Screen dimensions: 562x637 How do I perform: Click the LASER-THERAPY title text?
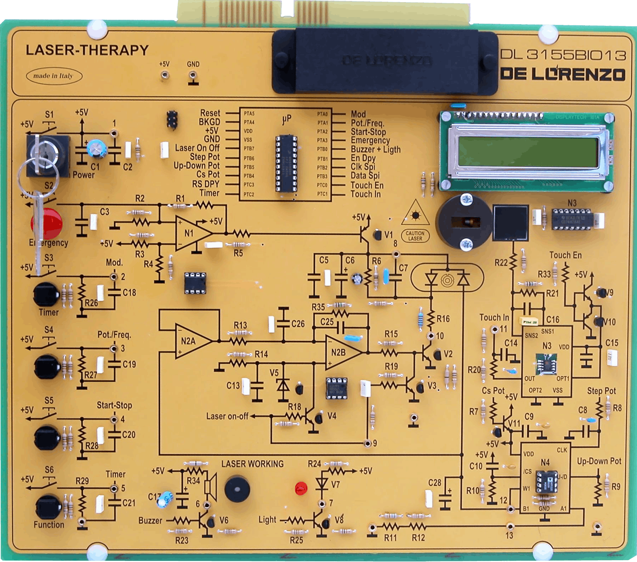click(87, 50)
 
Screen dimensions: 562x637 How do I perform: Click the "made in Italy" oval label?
click(54, 76)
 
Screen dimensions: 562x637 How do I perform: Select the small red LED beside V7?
click(301, 488)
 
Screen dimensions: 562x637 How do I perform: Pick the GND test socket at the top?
click(193, 75)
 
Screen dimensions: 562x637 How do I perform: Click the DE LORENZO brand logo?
click(563, 74)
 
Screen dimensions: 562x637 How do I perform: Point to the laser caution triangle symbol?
click(415, 214)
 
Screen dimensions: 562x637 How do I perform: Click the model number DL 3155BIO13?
click(563, 54)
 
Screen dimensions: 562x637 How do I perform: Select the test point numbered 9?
click(368, 443)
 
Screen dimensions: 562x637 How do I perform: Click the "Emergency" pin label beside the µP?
click(370, 140)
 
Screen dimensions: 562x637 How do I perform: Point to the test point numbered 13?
click(509, 526)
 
